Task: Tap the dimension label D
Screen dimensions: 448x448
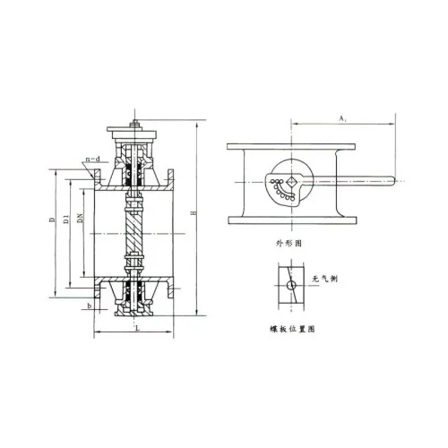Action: coord(53,219)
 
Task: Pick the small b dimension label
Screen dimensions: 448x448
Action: coord(90,306)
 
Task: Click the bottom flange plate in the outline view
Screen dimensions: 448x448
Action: coord(287,220)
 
